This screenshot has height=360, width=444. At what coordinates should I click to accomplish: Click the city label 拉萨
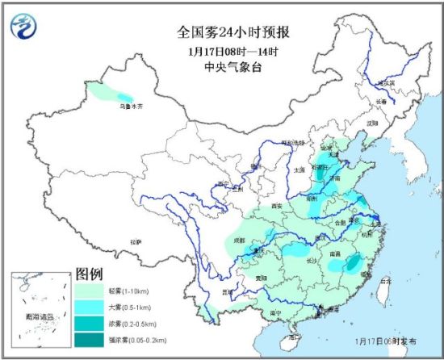[137, 241]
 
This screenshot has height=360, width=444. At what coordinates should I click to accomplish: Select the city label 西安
[279, 207]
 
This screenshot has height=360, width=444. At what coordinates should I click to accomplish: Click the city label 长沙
[313, 261]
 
